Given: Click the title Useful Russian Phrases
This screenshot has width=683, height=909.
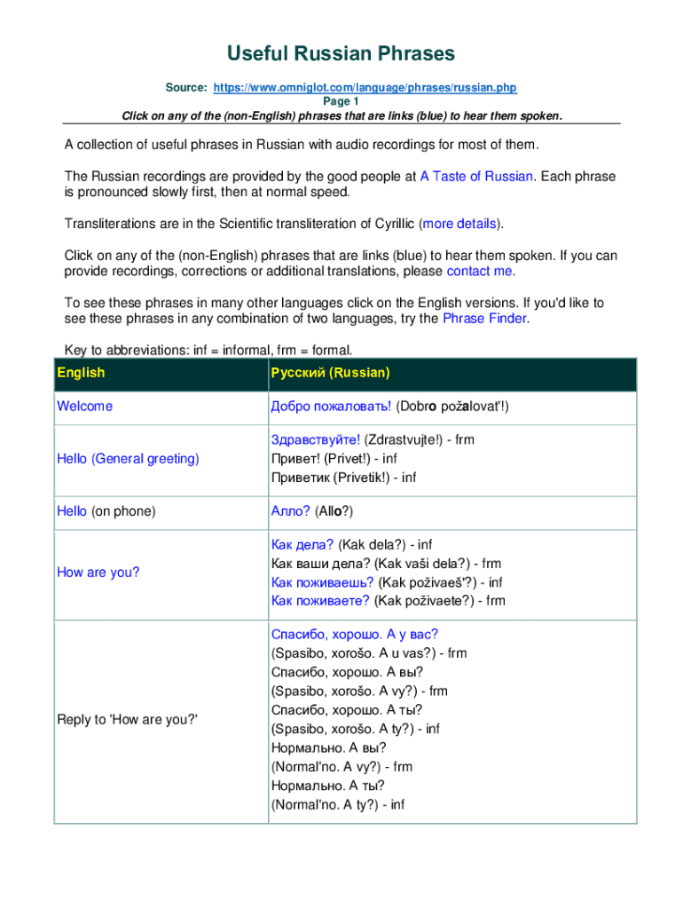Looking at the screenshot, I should (x=341, y=54).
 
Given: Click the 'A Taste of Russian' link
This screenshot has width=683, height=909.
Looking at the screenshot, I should (x=476, y=177).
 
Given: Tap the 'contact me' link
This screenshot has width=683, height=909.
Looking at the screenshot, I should (x=479, y=271).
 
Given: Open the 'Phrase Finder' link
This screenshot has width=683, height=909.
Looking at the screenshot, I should (x=485, y=319).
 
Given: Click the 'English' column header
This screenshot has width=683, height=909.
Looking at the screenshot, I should (x=81, y=373).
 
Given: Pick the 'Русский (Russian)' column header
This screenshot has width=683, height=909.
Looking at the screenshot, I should (x=330, y=373).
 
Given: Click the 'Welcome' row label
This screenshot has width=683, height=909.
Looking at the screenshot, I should (x=85, y=407).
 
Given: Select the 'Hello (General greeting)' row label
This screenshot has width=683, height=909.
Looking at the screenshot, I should (x=128, y=459).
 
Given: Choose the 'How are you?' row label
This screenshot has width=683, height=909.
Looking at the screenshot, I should (x=98, y=573).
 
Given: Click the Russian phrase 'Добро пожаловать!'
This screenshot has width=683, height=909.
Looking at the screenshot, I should (x=331, y=407).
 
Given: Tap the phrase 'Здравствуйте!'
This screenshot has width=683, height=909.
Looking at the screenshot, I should (x=316, y=439).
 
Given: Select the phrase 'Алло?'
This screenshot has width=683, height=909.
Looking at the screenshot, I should (x=291, y=511).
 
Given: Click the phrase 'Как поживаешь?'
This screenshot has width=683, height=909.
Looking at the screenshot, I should (x=323, y=582).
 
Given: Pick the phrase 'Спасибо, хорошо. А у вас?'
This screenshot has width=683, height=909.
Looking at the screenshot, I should (x=355, y=634).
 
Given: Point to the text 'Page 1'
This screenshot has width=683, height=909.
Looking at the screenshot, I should (x=341, y=101).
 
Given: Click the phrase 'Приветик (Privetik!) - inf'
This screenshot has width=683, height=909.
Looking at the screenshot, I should (x=343, y=478).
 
